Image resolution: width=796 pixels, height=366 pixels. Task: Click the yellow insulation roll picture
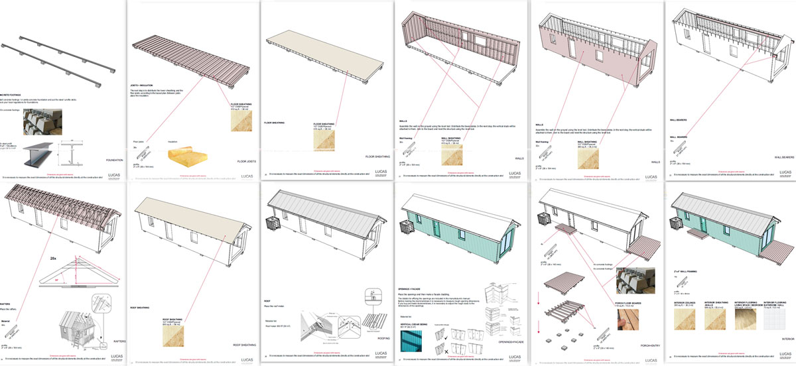click(x=181, y=157)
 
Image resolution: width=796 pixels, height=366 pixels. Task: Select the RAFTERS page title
click(x=117, y=341)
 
